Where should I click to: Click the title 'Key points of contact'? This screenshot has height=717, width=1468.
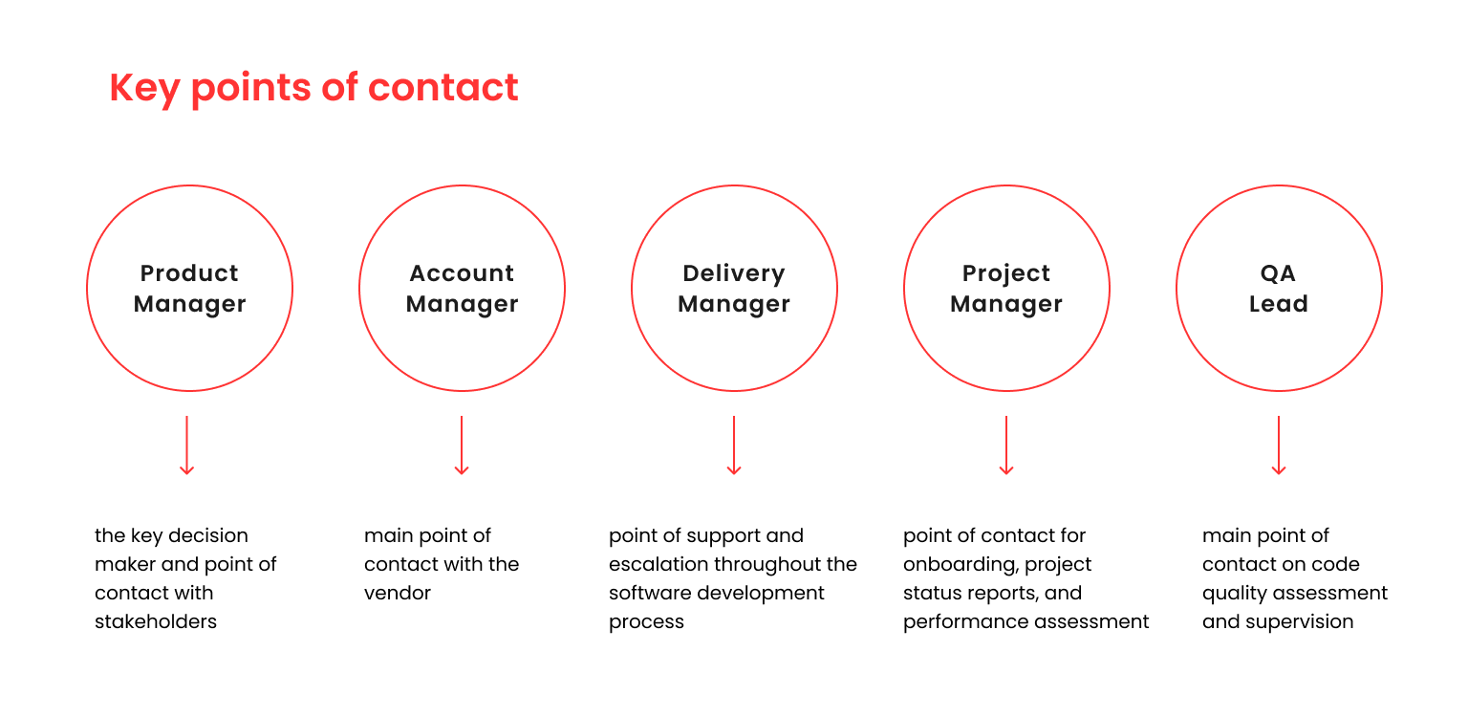coord(313,88)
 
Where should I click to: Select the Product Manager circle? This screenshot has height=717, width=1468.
coord(189,288)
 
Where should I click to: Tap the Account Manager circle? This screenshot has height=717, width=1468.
coord(462,288)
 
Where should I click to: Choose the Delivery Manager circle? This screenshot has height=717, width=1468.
coord(734,288)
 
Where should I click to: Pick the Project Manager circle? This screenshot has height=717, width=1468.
coord(1006,288)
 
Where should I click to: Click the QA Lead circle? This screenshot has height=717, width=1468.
coord(1279,288)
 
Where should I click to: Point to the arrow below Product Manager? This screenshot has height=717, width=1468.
coord(187,445)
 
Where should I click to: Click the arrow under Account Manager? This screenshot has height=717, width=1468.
coord(462,445)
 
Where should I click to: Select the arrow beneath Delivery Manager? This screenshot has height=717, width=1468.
coord(734,445)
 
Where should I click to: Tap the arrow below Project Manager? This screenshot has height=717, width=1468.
coord(1006,445)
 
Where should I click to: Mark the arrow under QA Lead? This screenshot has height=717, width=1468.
coord(1279,445)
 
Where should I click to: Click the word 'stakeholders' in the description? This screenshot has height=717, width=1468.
coord(156,621)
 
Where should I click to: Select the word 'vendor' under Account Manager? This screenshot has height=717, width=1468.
coord(398,593)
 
